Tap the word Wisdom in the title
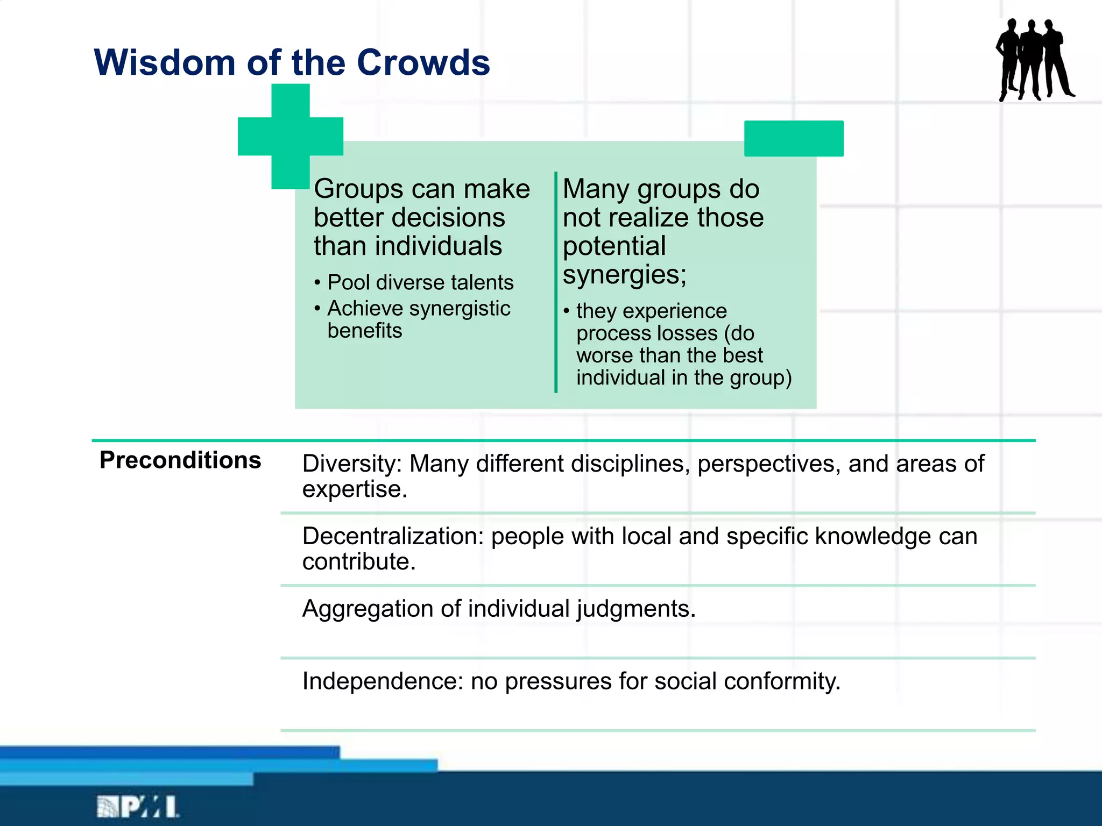[165, 63]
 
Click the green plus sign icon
[291, 137]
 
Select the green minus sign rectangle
[794, 139]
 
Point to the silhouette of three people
[1034, 60]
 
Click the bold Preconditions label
[180, 461]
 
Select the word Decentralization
[392, 537]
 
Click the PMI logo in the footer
[138, 807]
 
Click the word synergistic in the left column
[460, 309]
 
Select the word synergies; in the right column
[624, 275]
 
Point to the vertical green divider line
[555, 282]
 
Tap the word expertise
[354, 489]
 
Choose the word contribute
[358, 562]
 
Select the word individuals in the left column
[438, 246]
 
